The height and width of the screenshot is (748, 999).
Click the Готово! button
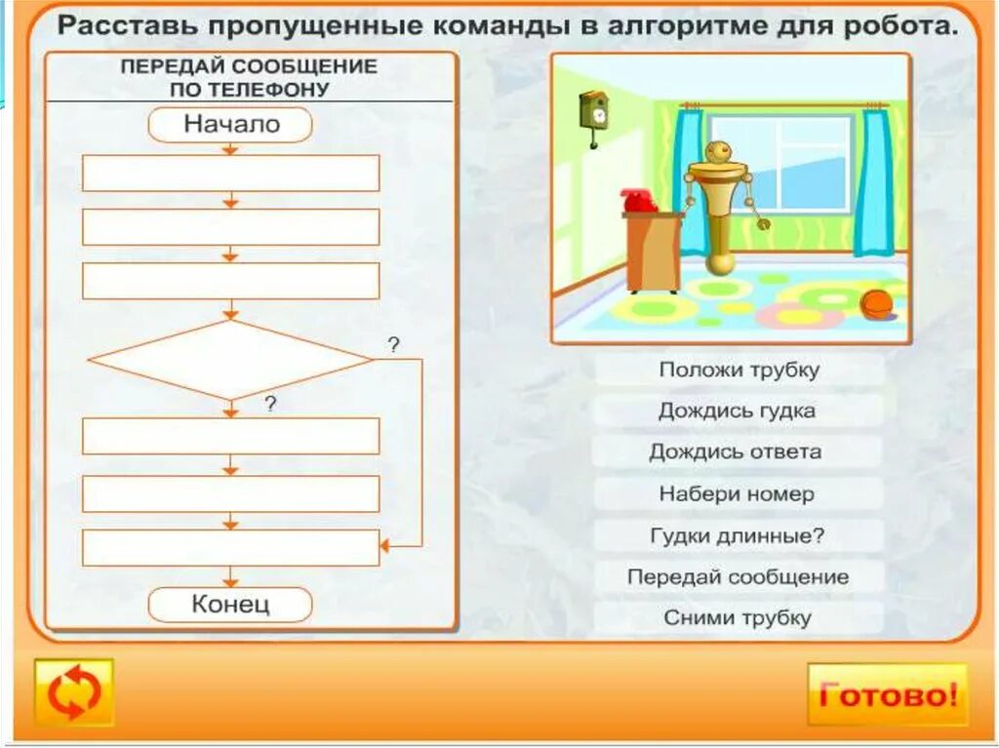coord(887,694)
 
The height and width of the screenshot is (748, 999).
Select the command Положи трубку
coord(739,370)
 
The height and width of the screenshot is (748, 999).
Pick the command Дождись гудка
coord(739,411)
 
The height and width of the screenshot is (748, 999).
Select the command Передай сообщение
coord(739,576)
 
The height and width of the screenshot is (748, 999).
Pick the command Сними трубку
coord(739,617)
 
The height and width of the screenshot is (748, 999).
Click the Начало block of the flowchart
coord(230,125)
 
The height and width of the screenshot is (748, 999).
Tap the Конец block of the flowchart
coord(230,604)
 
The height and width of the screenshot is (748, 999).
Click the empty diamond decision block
coord(230,360)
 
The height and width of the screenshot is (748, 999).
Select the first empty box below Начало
coord(230,173)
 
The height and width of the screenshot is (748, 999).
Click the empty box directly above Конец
coord(230,547)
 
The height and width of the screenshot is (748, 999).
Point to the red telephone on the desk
coord(638,200)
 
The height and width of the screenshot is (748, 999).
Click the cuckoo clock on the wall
coord(592,112)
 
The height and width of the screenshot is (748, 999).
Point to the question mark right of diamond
coord(394,344)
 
